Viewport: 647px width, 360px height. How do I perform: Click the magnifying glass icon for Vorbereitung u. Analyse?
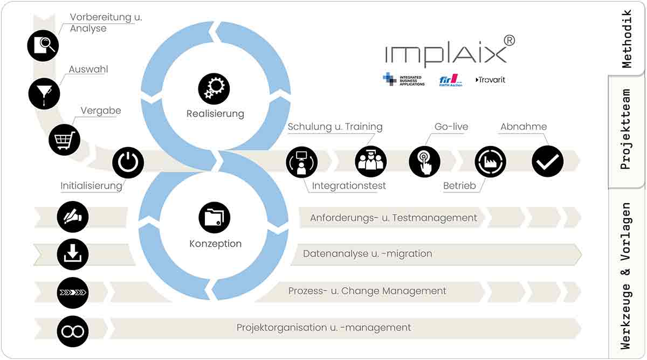[43, 46]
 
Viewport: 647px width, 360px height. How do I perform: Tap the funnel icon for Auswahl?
[44, 94]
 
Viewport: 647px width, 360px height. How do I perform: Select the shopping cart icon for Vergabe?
[64, 140]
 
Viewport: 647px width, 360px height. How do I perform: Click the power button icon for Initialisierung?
[128, 162]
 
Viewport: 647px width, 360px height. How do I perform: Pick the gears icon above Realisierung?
[214, 89]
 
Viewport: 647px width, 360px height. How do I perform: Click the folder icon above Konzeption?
[215, 218]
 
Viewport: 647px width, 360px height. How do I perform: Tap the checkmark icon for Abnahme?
[548, 161]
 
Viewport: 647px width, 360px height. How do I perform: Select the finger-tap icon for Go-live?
[425, 162]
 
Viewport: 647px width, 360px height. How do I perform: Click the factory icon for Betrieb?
[491, 162]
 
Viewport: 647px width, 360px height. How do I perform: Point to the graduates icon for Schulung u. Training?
[371, 162]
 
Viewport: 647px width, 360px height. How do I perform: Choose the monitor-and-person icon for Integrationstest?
[302, 162]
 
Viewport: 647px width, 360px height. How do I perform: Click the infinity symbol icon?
[73, 331]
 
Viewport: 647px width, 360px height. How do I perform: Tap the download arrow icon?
[73, 254]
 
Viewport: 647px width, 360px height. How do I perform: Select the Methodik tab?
[627, 39]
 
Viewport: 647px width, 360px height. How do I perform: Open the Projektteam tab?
[626, 129]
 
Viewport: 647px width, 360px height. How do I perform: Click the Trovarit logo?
[490, 80]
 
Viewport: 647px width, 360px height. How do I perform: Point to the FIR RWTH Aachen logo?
[451, 80]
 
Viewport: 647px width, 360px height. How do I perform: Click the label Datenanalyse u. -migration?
[367, 254]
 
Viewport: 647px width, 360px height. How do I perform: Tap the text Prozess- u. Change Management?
[367, 291]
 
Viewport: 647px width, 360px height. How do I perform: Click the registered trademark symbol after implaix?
[510, 41]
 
